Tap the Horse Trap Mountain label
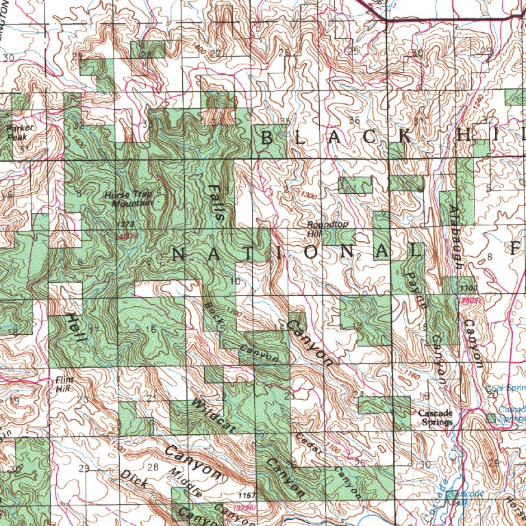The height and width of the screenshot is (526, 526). click(x=129, y=199)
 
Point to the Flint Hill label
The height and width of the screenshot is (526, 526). click(x=64, y=384)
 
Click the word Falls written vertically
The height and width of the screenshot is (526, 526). click(x=216, y=201)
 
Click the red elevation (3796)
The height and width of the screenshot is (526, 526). click(x=245, y=508)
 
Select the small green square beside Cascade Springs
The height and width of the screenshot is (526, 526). click(x=489, y=417)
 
